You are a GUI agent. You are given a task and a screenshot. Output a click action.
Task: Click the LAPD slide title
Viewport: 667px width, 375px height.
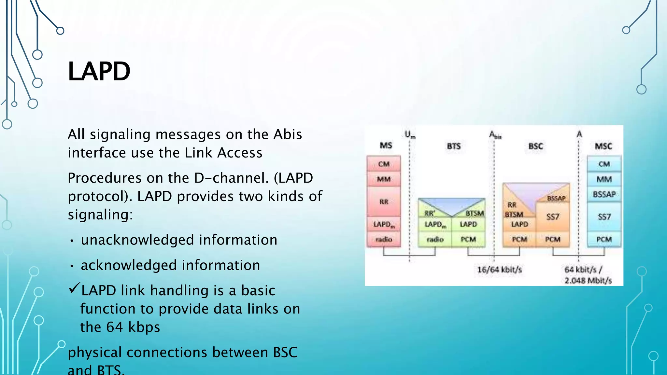[99, 71]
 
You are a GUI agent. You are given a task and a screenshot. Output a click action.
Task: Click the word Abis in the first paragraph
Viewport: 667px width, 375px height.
[288, 134]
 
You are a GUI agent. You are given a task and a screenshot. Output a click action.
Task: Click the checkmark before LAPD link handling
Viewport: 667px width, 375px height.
[74, 288]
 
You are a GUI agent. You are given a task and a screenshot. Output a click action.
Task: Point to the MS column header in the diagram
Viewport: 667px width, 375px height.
[386, 146]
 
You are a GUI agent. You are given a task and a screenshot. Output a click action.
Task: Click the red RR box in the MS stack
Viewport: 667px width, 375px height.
[384, 202]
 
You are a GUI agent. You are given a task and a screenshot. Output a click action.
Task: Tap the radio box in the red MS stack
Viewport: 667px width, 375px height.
[384, 239]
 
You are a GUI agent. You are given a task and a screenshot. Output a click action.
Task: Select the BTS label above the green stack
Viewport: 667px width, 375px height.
[454, 146]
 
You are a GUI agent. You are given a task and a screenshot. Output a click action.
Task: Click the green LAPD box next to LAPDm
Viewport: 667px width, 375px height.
[468, 224]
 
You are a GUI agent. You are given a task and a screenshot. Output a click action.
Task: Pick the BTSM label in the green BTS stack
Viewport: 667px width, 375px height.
[475, 214]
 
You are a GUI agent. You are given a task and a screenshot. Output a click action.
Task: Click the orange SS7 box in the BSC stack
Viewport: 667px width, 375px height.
[553, 216]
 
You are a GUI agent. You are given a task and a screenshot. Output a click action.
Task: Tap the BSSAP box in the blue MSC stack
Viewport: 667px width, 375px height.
[604, 194]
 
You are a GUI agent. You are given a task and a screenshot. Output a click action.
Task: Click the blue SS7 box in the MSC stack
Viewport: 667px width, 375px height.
[604, 216]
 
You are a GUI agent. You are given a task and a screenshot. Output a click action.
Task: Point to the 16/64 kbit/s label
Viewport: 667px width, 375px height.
[499, 270]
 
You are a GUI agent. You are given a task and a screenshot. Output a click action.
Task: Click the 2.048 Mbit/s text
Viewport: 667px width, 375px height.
[588, 281]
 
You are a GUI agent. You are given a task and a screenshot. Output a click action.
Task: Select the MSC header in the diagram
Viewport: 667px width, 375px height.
[603, 146]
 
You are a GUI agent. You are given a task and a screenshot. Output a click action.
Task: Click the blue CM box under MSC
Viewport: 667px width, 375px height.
[604, 164]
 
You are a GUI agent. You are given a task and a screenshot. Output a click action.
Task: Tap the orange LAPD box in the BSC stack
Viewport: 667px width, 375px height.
[519, 224]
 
